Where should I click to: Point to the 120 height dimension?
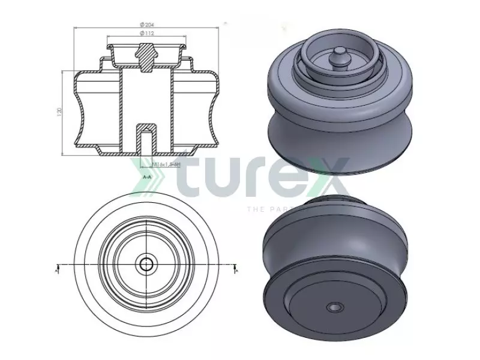point(59,113)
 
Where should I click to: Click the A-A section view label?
point(147,178)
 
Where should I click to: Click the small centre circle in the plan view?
point(145,264)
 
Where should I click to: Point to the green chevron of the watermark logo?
point(142,178)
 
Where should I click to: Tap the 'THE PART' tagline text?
point(264,209)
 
